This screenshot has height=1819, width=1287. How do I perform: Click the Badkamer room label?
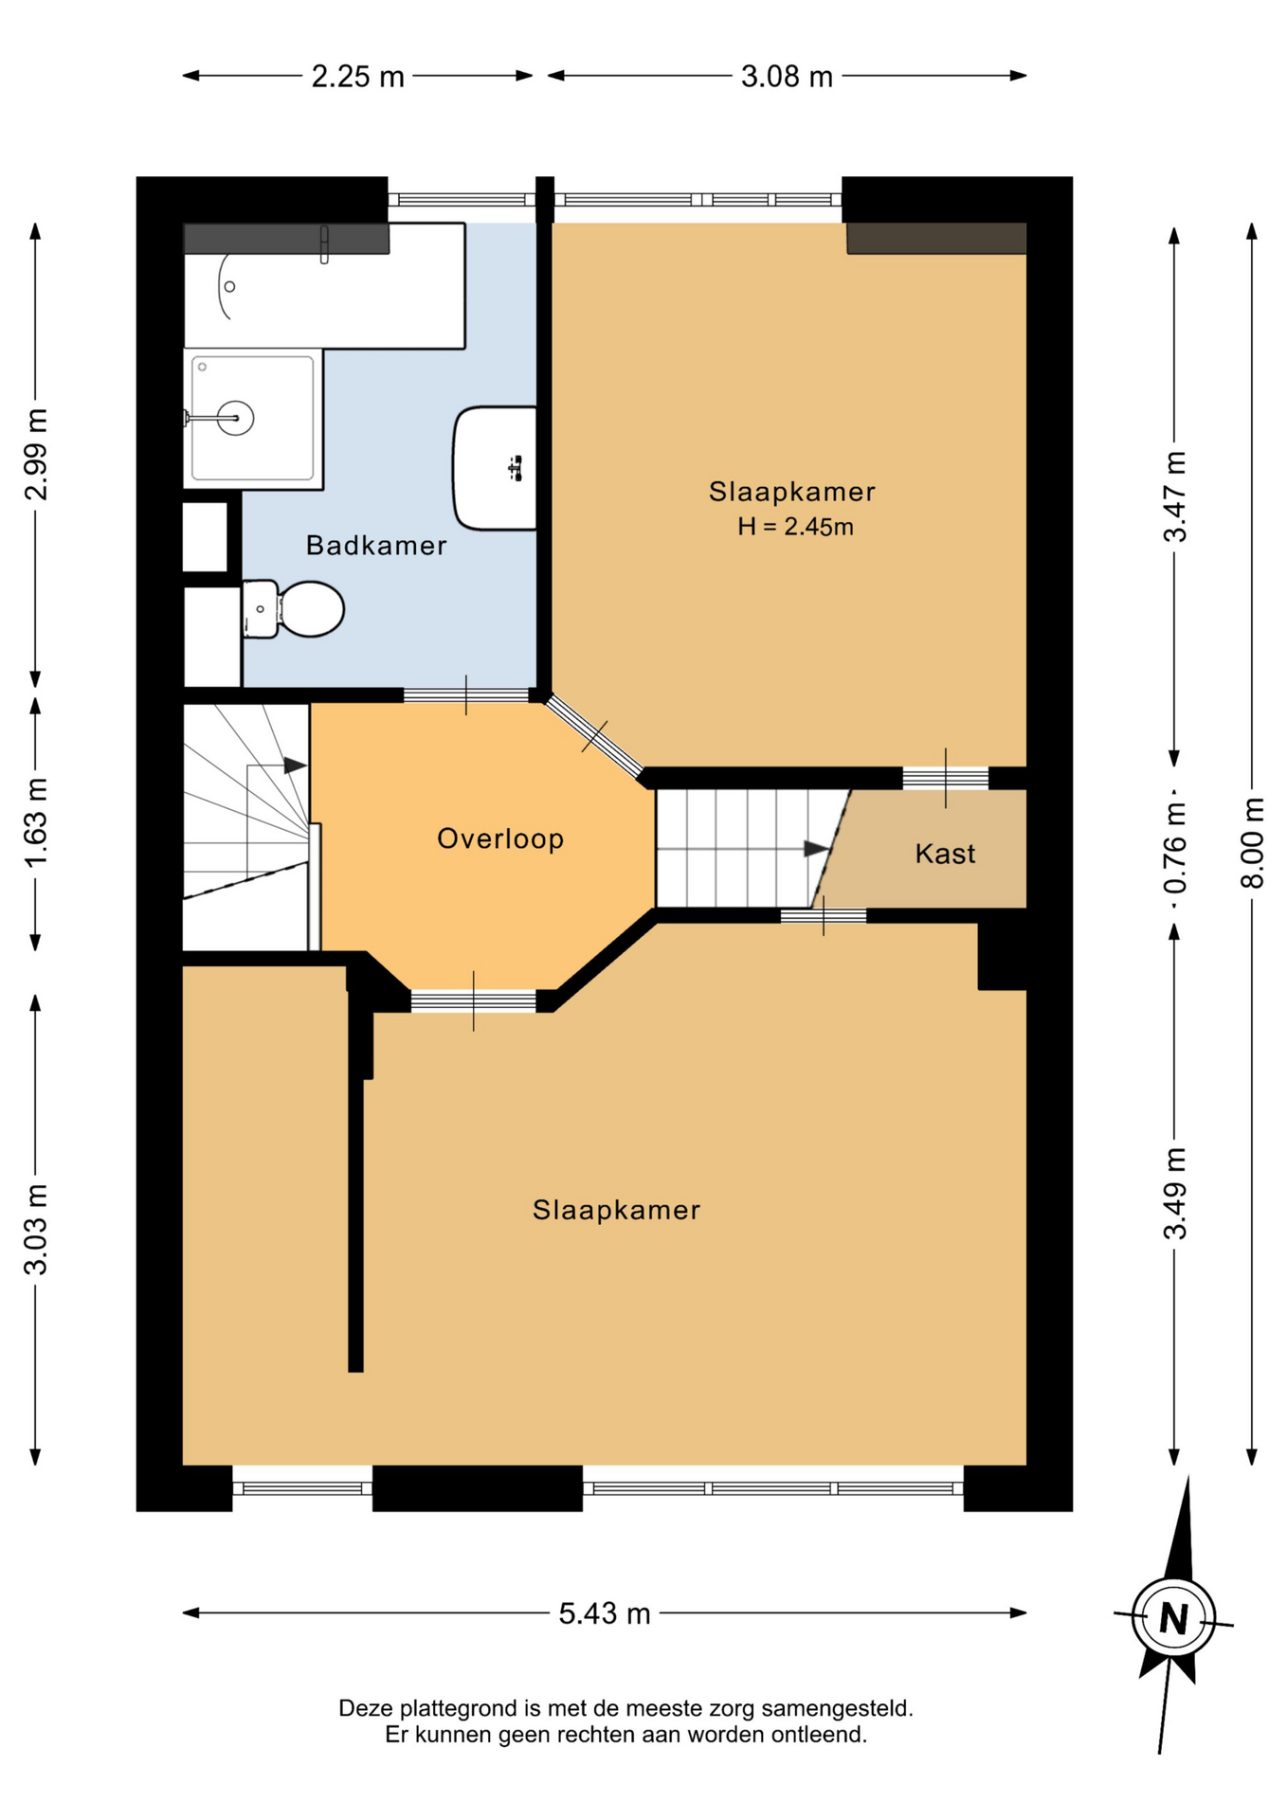click(x=376, y=546)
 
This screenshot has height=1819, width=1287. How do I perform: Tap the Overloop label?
click(x=500, y=838)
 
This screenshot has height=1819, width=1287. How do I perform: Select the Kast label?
click(x=945, y=854)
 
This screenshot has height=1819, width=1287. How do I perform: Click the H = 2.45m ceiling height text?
click(x=795, y=527)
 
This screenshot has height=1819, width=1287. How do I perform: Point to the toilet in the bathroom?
click(x=293, y=609)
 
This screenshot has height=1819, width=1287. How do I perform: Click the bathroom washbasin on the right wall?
click(x=495, y=468)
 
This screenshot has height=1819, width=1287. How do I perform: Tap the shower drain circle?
click(x=235, y=417)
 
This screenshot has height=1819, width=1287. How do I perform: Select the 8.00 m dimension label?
click(x=1252, y=842)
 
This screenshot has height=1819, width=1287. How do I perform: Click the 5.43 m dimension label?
click(x=605, y=1613)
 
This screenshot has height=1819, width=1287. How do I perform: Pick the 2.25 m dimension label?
click(x=358, y=76)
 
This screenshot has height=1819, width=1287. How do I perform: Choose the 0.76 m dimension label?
click(x=1174, y=847)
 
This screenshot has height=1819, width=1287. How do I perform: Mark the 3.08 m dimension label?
click(x=787, y=76)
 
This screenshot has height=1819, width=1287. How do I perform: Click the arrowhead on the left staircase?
click(x=295, y=765)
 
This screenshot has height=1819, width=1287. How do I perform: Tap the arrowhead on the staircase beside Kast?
click(x=816, y=849)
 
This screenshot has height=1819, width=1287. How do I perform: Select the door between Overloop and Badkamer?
click(x=466, y=695)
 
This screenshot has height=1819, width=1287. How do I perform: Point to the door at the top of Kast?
click(x=945, y=778)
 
